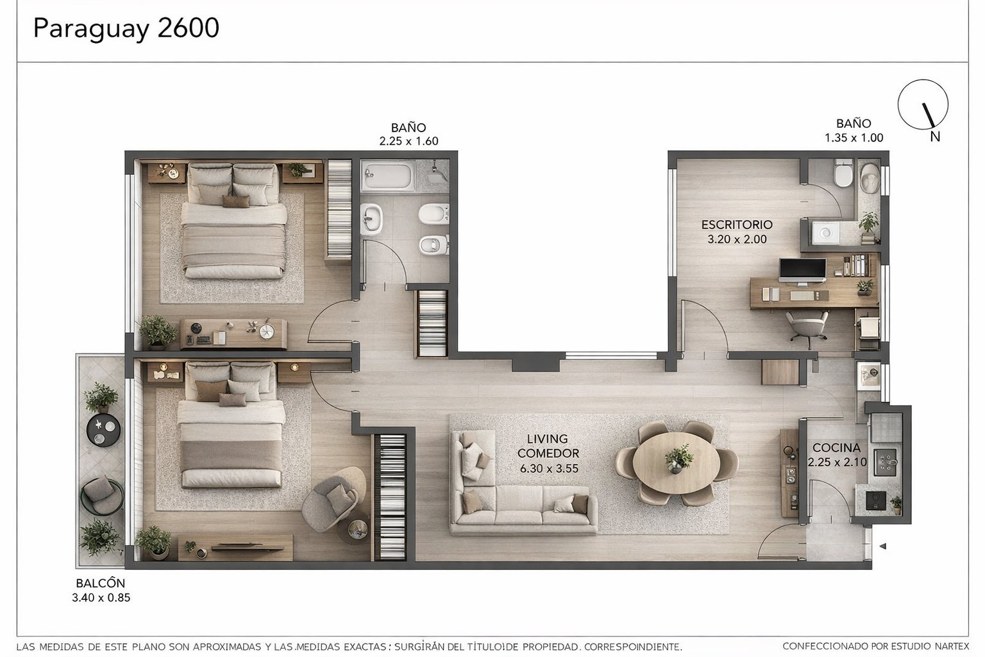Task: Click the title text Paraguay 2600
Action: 126,29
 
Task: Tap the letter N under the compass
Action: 935,137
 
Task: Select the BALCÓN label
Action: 101,583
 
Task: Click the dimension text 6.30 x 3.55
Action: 549,468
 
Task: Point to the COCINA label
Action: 836,448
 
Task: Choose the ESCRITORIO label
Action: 737,225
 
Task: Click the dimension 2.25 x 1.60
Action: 408,141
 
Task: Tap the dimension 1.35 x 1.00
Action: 854,138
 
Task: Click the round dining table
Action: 677,463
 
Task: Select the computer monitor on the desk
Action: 802,269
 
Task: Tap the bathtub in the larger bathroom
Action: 387,175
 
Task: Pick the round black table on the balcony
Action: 103,430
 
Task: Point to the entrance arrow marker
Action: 882,546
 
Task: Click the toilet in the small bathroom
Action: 843,173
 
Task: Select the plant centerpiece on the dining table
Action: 678,459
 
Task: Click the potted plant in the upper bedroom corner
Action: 157,331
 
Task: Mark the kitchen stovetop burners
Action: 886,462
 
